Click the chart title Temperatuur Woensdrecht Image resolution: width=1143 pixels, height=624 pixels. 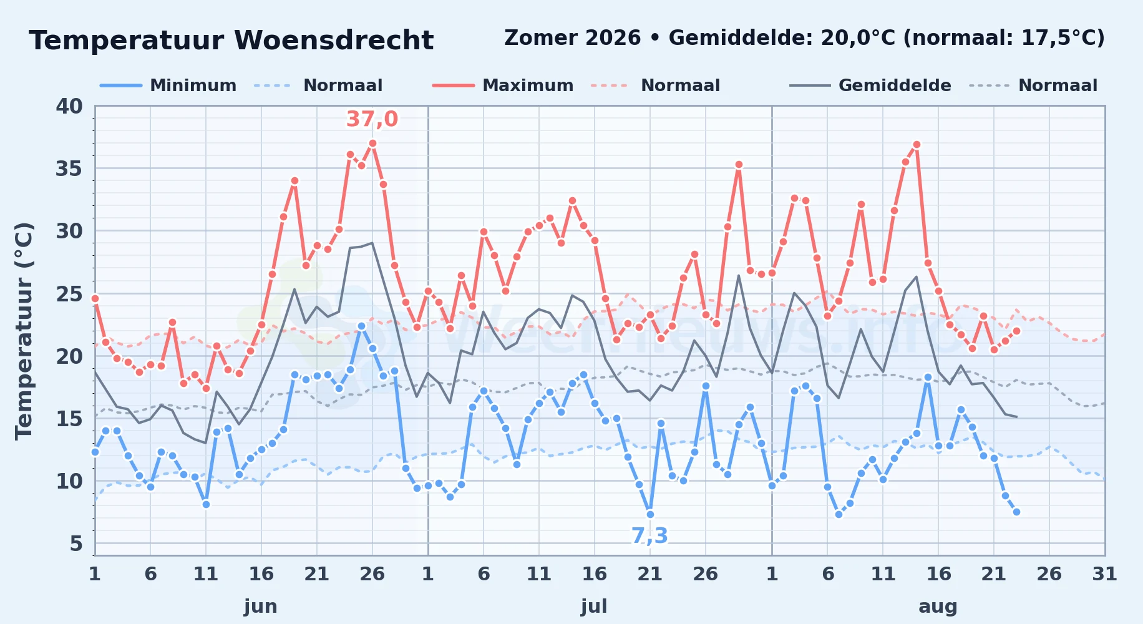coord(231,41)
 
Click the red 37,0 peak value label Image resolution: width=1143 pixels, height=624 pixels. coord(372,119)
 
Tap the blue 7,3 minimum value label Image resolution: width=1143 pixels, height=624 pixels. coord(649,535)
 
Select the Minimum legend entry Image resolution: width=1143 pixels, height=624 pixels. coord(168,85)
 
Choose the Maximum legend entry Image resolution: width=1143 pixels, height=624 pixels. coord(503,85)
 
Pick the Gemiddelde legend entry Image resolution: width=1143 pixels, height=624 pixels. coord(870,85)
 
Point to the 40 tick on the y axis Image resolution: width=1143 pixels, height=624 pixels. coord(69,106)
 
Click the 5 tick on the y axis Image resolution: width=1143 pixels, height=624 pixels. coord(76,544)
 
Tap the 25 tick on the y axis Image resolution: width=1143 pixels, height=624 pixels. coord(69,293)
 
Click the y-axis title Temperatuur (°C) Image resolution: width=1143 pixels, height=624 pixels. coord(24,331)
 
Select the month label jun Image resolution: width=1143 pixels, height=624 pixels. coord(261,606)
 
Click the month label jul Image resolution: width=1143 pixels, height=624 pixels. coord(594,606)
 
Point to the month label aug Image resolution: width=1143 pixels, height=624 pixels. coord(938,606)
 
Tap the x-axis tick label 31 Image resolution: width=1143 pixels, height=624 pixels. coord(1104,573)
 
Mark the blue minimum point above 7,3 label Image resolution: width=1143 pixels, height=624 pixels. coord(650,514)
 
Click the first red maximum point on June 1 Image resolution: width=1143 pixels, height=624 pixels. coord(95,298)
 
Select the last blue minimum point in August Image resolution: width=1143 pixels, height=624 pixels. coord(1016,512)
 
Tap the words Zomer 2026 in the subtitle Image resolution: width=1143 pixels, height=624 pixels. coord(572,38)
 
